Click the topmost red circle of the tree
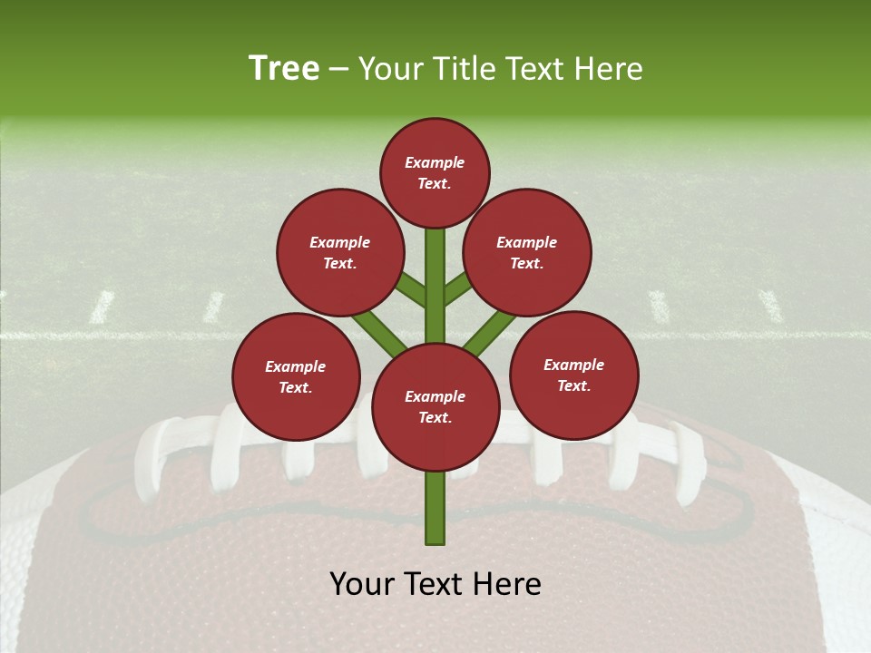435,172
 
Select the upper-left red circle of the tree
340,252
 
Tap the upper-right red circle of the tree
527,252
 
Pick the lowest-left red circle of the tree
296,376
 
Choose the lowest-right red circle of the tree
574,375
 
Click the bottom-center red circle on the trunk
435,407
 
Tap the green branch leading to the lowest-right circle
490,332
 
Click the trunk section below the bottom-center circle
435,508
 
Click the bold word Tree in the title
284,68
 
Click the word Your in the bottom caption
362,584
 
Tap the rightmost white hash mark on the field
770,306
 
